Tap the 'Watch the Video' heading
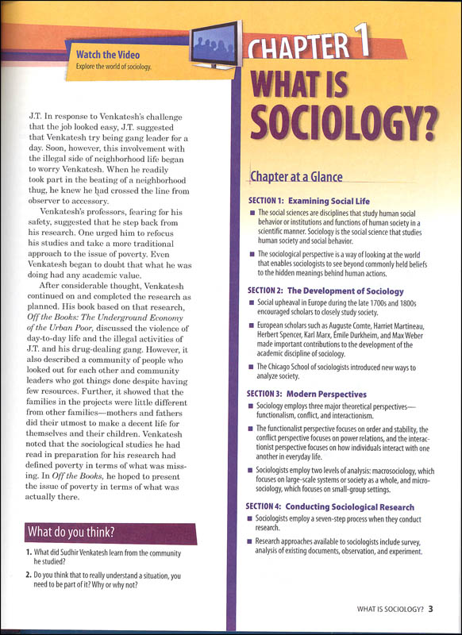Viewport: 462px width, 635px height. (108, 54)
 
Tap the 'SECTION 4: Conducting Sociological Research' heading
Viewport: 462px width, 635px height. (329, 506)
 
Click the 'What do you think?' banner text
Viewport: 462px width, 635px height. (70, 531)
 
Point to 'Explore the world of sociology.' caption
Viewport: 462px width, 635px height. (108, 66)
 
